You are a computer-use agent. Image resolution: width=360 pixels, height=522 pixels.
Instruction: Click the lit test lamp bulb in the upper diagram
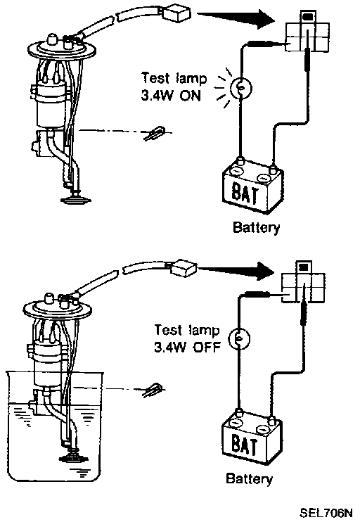tap(242, 88)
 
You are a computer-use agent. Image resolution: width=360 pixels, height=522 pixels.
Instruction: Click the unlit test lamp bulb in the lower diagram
tap(239, 338)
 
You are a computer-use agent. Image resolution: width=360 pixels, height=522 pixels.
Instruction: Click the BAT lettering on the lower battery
tap(244, 445)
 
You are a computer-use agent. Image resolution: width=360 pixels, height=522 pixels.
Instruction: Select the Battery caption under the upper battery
tap(256, 228)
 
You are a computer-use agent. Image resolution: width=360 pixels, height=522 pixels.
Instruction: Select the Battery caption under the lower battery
tap(249, 479)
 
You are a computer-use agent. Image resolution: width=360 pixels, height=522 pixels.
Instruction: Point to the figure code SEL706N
tap(326, 513)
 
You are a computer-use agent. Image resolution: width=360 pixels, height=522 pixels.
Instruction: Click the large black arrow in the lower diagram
tap(236, 269)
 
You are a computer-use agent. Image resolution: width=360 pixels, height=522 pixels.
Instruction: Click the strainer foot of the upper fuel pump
tap(75, 200)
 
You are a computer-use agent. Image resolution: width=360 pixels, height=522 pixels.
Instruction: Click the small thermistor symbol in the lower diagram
tap(153, 390)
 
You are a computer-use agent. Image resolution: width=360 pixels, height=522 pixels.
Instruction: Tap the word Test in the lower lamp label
tap(168, 330)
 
